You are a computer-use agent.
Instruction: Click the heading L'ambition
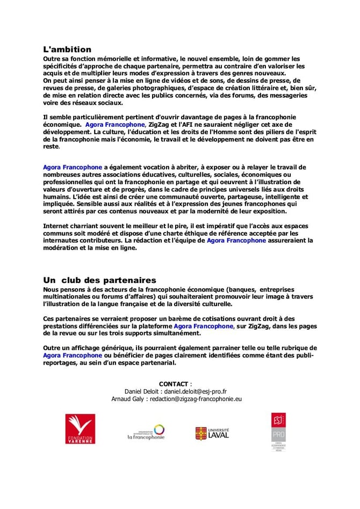click(x=67, y=49)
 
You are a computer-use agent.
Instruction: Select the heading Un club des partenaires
click(x=99, y=280)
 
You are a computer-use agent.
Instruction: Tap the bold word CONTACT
click(x=174, y=384)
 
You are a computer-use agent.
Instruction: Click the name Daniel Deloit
click(x=143, y=391)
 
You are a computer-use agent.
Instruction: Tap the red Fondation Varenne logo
click(x=81, y=430)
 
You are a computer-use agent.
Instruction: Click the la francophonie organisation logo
click(x=146, y=432)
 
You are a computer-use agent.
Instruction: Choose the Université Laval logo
click(x=212, y=433)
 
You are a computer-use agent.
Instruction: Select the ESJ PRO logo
click(x=278, y=432)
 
